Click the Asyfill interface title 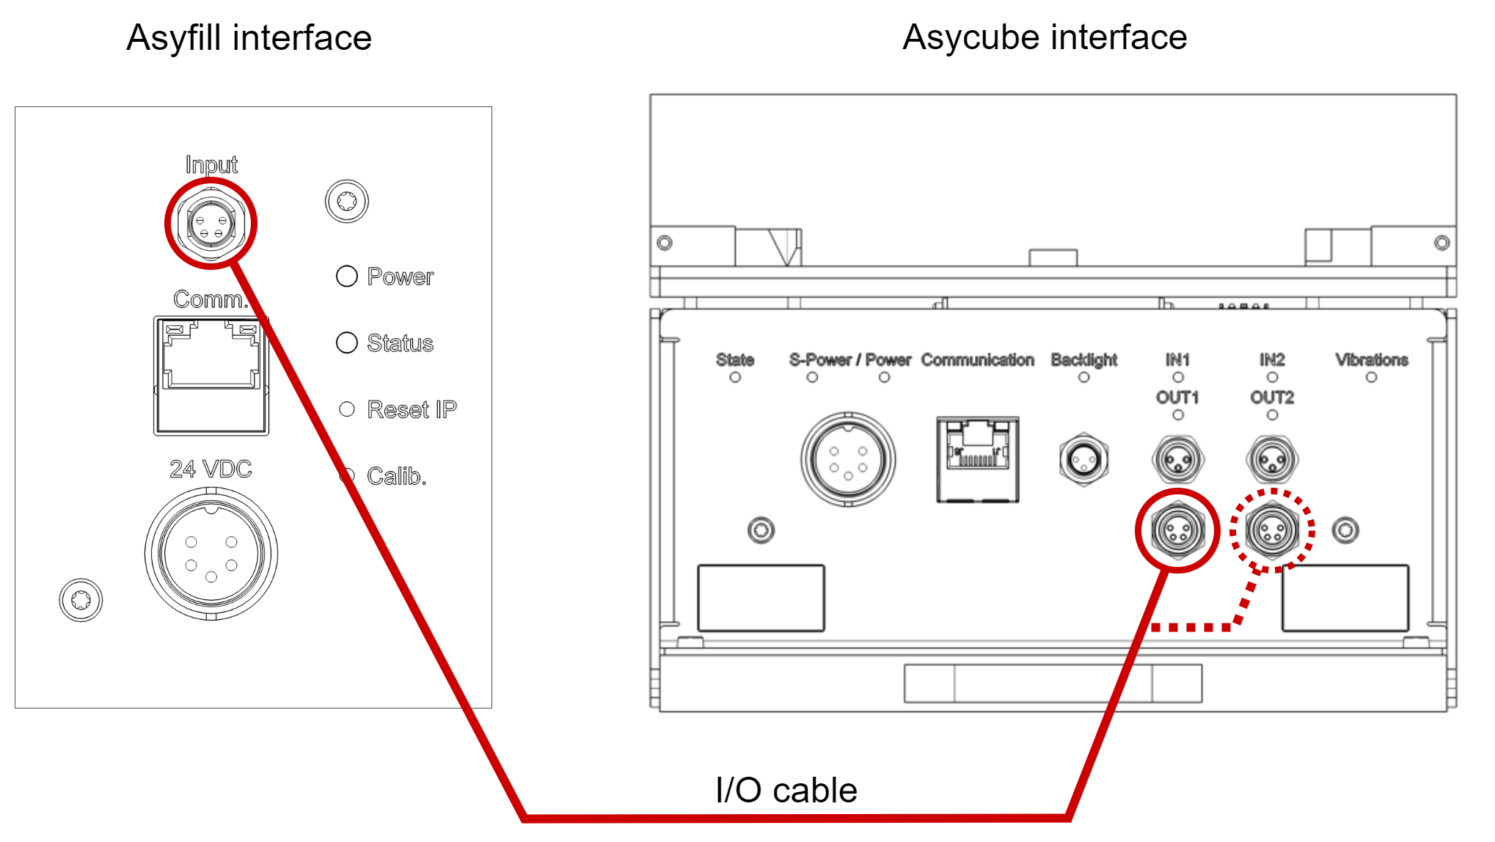click(249, 38)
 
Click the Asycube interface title click(1044, 37)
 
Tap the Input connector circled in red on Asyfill click(211, 224)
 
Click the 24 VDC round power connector click(211, 554)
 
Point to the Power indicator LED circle click(346, 277)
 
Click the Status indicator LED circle click(346, 343)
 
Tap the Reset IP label click(411, 409)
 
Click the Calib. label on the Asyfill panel click(396, 476)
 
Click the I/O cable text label click(786, 790)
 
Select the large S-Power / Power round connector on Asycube click(848, 460)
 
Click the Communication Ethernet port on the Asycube click(977, 460)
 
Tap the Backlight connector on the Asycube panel click(1083, 460)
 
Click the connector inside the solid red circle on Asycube click(1177, 530)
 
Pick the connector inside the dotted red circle click(1272, 530)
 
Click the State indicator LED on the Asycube click(735, 378)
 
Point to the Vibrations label click(1371, 359)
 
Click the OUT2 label click(1272, 398)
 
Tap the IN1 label click(1177, 359)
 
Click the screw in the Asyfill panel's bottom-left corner click(81, 601)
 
